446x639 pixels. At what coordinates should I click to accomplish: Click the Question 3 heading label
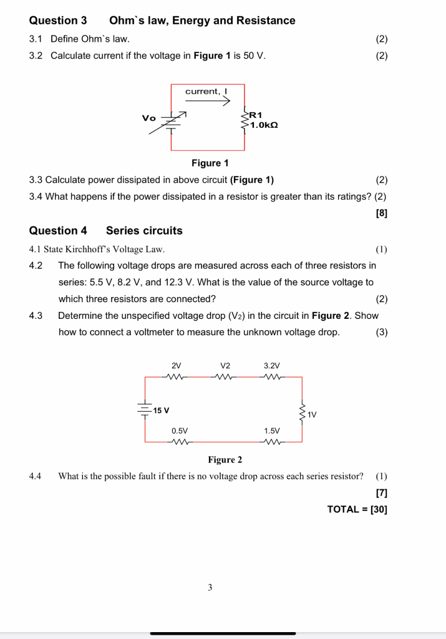(58, 21)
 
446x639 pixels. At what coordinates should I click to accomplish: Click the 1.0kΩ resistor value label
(264, 125)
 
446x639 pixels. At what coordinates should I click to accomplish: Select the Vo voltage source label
(148, 118)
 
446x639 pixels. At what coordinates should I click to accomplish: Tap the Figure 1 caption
(210, 163)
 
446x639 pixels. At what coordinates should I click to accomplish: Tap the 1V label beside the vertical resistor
(313, 414)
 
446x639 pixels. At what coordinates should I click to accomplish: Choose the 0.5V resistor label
(180, 431)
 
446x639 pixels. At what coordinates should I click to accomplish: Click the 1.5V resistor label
(272, 431)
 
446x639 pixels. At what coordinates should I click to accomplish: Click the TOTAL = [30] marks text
(357, 509)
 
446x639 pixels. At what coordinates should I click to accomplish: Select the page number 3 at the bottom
(210, 587)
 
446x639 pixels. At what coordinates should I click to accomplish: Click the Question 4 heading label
(58, 230)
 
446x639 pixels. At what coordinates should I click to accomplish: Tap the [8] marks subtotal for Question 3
(382, 213)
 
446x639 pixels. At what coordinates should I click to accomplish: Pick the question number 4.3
(36, 315)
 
